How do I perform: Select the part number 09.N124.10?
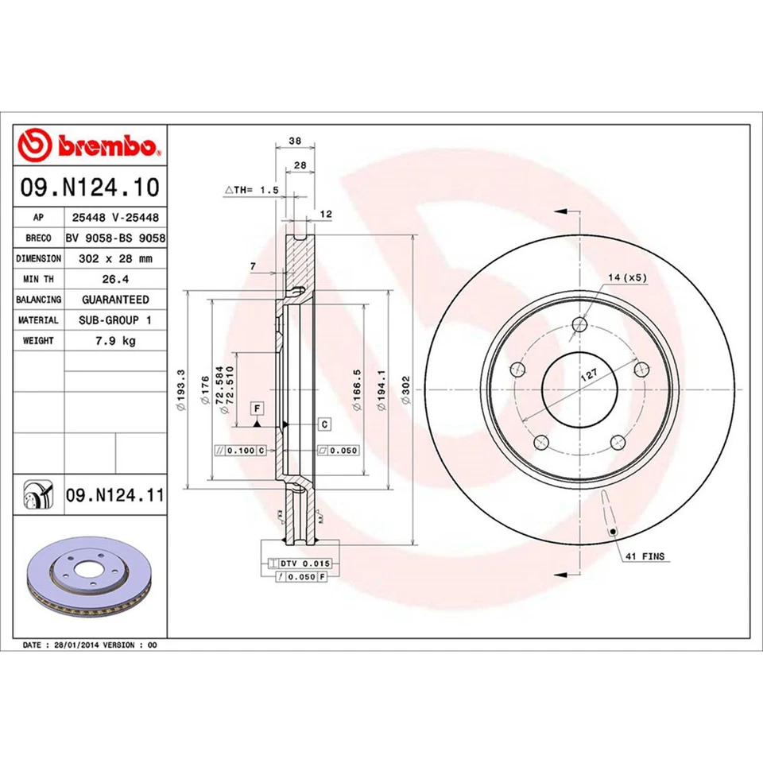[x=91, y=188]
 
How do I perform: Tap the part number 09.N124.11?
[x=114, y=496]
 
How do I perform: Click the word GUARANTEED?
[x=115, y=300]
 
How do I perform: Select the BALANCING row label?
[x=39, y=300]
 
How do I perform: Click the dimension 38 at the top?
[x=295, y=141]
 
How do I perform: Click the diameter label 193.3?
[x=182, y=389]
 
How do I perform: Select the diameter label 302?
[x=405, y=389]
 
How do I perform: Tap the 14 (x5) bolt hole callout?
[x=627, y=277]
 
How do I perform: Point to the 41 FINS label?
[x=645, y=556]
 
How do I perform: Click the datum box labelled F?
[x=258, y=409]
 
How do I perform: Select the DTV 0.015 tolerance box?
[x=304, y=563]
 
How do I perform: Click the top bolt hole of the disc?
[x=579, y=323]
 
